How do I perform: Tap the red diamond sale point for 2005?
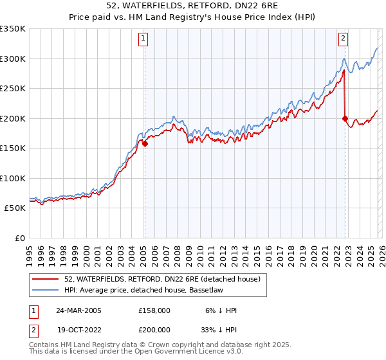[x=145, y=144]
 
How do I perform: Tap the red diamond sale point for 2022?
[x=345, y=118]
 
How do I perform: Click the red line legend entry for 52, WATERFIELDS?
[x=161, y=279]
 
